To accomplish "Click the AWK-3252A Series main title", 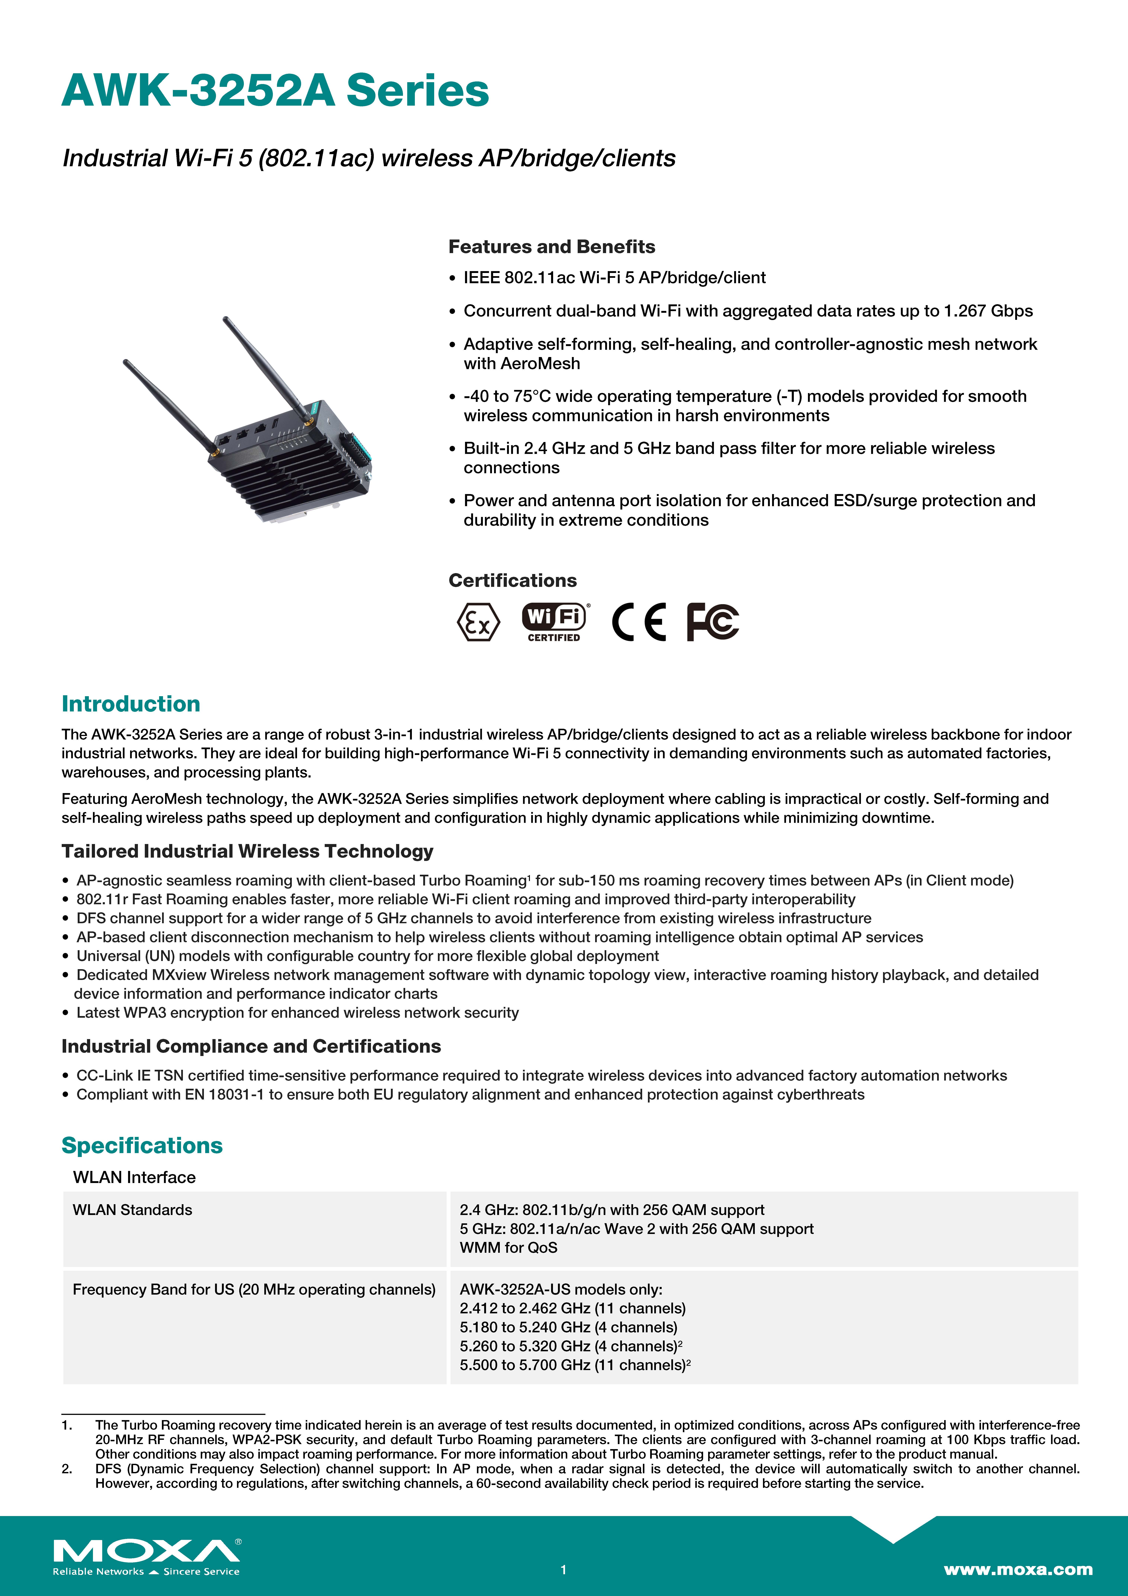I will (x=275, y=91).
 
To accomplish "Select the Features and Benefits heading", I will (x=551, y=247).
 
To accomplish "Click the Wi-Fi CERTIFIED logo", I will (x=555, y=621).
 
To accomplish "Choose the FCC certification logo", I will (x=712, y=621).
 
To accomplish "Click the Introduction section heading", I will (x=131, y=703).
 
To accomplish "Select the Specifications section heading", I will (x=142, y=1145).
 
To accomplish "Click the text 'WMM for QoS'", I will (x=508, y=1248).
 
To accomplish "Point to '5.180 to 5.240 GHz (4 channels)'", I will (x=568, y=1327).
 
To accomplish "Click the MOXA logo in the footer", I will (x=147, y=1551).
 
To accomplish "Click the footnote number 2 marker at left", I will (x=67, y=1469).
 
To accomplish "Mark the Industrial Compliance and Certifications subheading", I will (x=251, y=1046).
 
